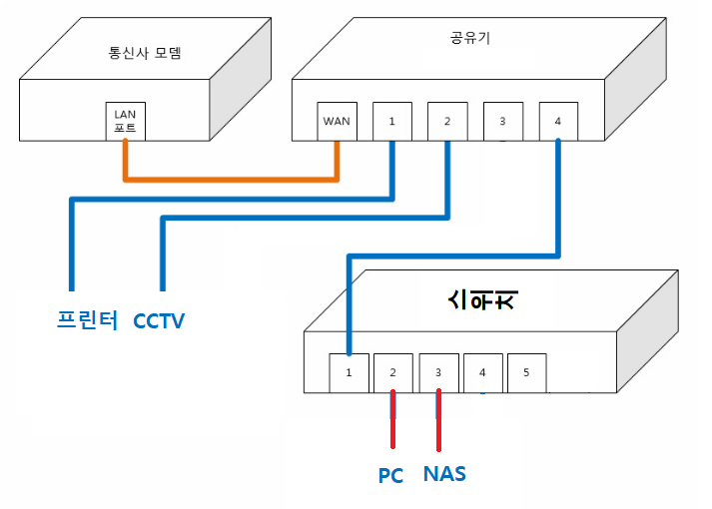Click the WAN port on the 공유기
point(337,121)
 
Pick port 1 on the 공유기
point(392,121)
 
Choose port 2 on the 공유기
point(447,121)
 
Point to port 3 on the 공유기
point(502,121)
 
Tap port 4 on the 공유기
point(557,121)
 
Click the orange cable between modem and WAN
point(231,180)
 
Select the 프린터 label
point(86,320)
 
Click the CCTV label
point(160,321)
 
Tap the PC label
point(390,475)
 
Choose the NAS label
point(444,473)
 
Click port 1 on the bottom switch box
point(349,372)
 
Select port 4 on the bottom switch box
point(482,372)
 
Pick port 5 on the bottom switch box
point(526,372)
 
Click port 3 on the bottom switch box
point(437,372)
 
